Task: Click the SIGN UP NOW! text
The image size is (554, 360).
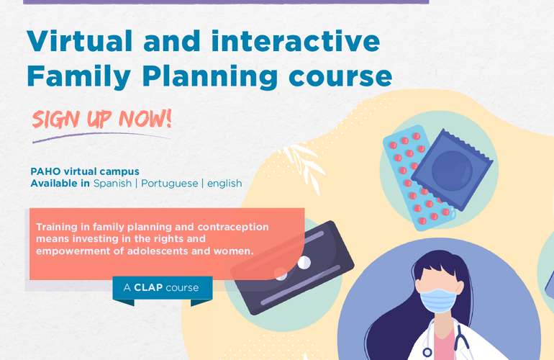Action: click(101, 118)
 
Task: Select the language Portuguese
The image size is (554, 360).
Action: click(169, 184)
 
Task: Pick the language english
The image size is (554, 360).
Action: click(224, 184)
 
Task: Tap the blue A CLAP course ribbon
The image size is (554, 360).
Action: click(162, 288)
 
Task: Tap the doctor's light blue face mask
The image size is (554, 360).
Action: click(440, 300)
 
